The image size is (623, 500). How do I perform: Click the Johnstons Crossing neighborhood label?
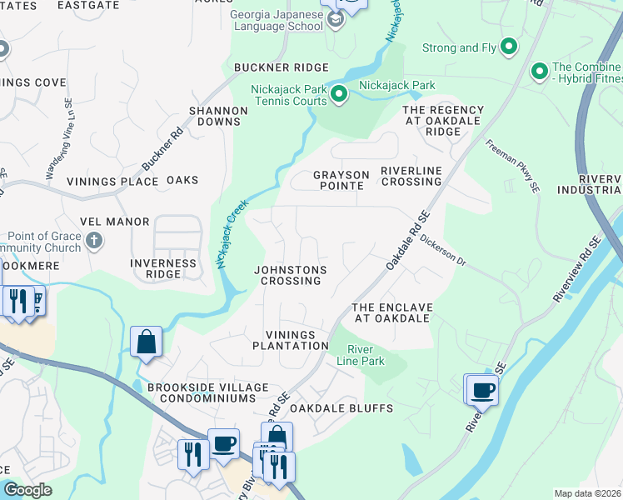point(289,275)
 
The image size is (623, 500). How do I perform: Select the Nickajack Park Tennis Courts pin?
point(338,95)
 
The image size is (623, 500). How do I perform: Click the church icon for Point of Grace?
point(94,242)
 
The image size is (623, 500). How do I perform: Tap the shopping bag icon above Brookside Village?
point(146,342)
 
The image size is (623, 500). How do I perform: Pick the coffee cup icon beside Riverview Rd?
point(481,388)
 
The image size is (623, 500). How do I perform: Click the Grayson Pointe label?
point(338,180)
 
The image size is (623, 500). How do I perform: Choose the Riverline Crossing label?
point(411,176)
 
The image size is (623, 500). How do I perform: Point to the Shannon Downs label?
point(218,116)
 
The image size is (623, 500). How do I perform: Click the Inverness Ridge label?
point(163,268)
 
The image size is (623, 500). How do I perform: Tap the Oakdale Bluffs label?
point(328,408)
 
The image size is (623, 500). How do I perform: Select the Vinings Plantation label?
point(291,339)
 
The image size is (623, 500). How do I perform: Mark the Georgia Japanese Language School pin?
point(336,20)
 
